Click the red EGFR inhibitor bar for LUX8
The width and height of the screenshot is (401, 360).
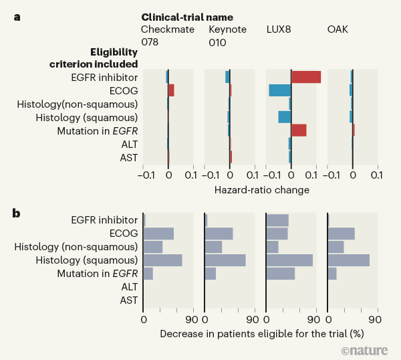[306, 77]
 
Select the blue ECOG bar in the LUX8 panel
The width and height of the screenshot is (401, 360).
[279, 90]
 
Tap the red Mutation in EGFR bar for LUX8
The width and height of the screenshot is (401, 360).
[299, 130]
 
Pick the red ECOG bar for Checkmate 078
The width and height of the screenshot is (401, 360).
[171, 90]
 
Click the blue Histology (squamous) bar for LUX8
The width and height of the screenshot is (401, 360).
[284, 117]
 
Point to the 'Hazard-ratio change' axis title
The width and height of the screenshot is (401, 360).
[261, 190]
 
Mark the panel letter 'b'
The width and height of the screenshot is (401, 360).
[17, 213]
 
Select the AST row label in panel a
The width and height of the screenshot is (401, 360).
[128, 157]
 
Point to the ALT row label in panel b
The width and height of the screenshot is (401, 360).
[129, 286]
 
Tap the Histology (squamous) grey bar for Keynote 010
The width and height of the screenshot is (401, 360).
[225, 260]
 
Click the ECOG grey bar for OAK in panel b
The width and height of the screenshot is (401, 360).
[341, 234]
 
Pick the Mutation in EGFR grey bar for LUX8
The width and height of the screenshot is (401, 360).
[280, 274]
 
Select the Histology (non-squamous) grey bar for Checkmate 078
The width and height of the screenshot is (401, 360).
[153, 247]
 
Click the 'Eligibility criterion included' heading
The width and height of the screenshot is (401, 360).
[94, 58]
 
